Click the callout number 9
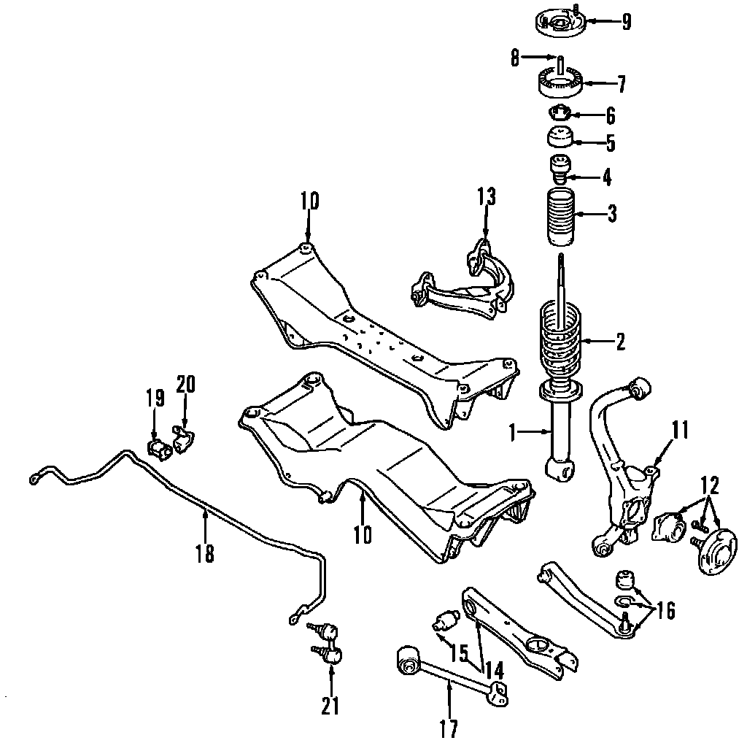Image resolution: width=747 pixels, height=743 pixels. (626, 22)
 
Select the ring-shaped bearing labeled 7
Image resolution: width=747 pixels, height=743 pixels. (560, 83)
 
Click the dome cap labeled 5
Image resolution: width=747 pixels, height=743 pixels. (560, 138)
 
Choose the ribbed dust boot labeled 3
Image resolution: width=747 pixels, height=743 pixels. (560, 217)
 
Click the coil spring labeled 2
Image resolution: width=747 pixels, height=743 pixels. (560, 339)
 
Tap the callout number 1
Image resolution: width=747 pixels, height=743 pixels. (513, 433)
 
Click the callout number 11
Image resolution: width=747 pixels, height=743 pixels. (681, 430)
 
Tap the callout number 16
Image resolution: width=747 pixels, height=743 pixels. (665, 610)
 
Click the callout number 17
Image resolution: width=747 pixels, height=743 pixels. (449, 729)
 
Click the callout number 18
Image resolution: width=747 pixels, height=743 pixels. (205, 553)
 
